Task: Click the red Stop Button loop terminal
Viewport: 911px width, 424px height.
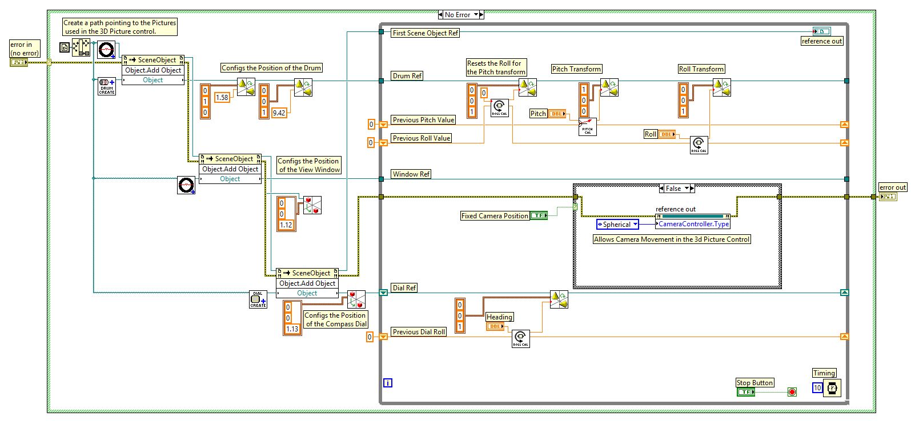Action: tap(792, 392)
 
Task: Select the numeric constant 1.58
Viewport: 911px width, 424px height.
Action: tap(222, 98)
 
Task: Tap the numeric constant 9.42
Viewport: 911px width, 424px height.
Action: tap(279, 113)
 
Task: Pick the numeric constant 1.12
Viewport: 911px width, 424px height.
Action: tap(286, 225)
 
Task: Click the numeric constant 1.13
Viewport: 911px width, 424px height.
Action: tap(292, 329)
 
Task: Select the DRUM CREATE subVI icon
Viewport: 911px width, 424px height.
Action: tap(107, 86)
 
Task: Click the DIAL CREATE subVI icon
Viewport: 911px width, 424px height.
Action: tap(258, 299)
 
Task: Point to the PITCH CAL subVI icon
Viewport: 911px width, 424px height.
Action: tap(588, 127)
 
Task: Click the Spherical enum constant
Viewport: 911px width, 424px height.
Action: tap(617, 225)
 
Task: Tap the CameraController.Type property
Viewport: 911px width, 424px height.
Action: tap(693, 224)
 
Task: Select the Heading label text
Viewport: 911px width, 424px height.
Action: tap(499, 317)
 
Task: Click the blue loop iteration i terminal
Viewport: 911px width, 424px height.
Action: tap(388, 383)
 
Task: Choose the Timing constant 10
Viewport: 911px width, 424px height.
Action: tap(817, 388)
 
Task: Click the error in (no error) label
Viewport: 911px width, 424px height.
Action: tap(25, 49)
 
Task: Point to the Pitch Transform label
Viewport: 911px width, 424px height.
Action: tap(576, 69)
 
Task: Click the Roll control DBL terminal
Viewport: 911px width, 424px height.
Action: tap(667, 134)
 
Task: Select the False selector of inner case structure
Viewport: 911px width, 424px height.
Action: tap(673, 189)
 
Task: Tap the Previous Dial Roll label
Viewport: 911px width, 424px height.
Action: tap(419, 332)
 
